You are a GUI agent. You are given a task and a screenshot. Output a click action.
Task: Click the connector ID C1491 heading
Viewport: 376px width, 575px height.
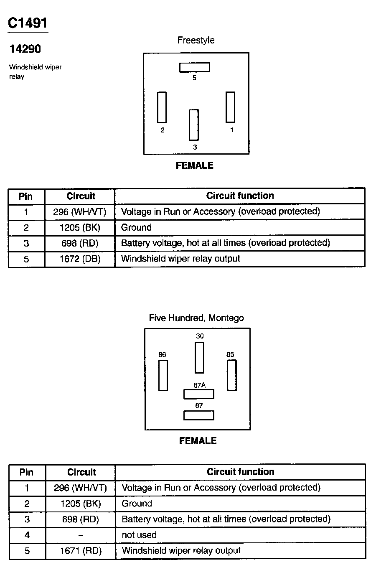tap(28, 23)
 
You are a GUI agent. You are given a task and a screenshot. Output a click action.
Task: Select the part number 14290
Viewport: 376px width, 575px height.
tap(25, 49)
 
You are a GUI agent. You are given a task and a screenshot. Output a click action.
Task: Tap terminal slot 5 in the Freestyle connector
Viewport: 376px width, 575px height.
tap(194, 67)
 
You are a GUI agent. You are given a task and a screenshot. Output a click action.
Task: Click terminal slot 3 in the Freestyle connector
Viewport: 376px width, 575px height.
tap(193, 125)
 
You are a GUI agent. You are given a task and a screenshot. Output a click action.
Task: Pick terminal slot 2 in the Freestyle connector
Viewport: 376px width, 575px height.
tap(162, 107)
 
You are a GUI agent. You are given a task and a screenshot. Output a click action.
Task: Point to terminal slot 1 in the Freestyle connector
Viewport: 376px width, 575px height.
tap(230, 107)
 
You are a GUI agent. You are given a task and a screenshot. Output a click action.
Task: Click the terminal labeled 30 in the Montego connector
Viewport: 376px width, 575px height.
tap(199, 357)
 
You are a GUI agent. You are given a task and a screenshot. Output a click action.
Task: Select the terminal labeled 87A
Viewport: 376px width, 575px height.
tap(199, 394)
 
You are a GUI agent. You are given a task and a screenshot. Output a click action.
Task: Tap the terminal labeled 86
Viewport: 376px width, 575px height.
tap(163, 375)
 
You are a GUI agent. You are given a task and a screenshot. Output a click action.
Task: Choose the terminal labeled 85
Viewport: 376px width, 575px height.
tap(231, 375)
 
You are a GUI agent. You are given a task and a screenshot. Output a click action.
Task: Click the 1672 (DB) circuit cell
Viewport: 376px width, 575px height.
tap(80, 259)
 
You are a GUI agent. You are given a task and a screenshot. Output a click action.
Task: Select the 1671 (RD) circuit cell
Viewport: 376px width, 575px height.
tap(81, 551)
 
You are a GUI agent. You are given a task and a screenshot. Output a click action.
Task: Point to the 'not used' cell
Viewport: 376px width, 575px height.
tap(139, 535)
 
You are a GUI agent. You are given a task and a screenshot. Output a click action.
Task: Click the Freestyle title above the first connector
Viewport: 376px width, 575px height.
tap(196, 40)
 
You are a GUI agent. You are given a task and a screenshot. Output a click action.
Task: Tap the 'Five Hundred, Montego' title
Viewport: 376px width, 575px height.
tap(196, 318)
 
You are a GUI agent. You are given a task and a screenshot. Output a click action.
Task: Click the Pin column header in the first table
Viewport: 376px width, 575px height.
tap(26, 196)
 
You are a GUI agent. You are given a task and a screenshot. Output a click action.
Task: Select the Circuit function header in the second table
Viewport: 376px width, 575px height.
tap(240, 472)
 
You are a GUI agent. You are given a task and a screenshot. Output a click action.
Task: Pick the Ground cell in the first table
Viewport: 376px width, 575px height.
tap(136, 227)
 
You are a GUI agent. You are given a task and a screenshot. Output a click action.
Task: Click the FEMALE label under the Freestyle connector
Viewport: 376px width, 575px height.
tap(195, 165)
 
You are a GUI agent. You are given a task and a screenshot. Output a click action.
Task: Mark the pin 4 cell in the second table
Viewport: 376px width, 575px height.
tap(27, 535)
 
